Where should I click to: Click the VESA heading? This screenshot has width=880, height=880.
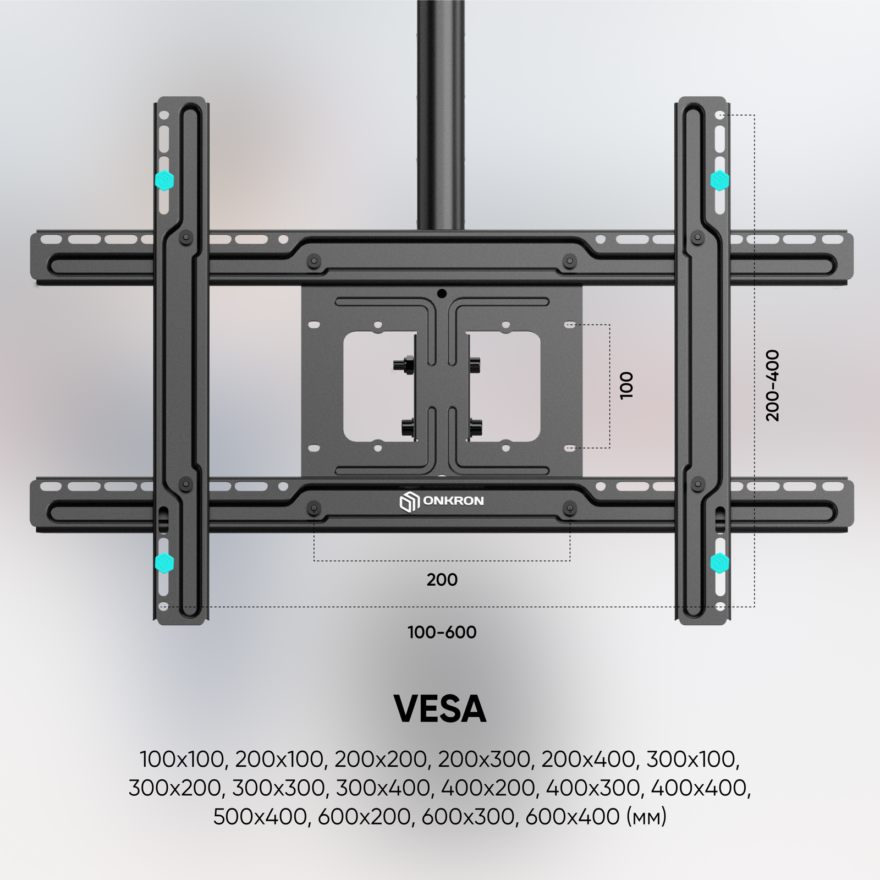[x=440, y=709]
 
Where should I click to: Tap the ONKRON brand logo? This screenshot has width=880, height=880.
[x=442, y=502]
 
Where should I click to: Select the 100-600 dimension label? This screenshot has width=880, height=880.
[x=442, y=632]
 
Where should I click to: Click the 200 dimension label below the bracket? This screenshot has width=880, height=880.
[x=442, y=579]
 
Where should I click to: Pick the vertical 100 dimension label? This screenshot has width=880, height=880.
[x=626, y=385]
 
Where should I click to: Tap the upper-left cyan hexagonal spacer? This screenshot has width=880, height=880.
[x=164, y=180]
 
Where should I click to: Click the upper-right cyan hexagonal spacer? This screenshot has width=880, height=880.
[x=719, y=180]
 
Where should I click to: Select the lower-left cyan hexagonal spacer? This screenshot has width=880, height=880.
[x=164, y=563]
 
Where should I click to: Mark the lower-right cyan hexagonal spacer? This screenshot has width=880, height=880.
[x=719, y=563]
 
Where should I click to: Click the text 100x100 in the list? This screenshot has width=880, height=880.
[x=181, y=759]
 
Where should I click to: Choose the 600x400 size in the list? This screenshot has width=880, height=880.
[x=573, y=816]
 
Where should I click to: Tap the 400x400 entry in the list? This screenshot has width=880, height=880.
[x=698, y=788]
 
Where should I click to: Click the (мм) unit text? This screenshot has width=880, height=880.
[x=646, y=816]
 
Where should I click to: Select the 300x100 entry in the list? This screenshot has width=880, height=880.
[x=690, y=759]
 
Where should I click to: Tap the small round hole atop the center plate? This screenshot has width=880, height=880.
[x=442, y=294]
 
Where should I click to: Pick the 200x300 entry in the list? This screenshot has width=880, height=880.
[x=483, y=759]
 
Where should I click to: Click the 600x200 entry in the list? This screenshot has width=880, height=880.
[x=364, y=816]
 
